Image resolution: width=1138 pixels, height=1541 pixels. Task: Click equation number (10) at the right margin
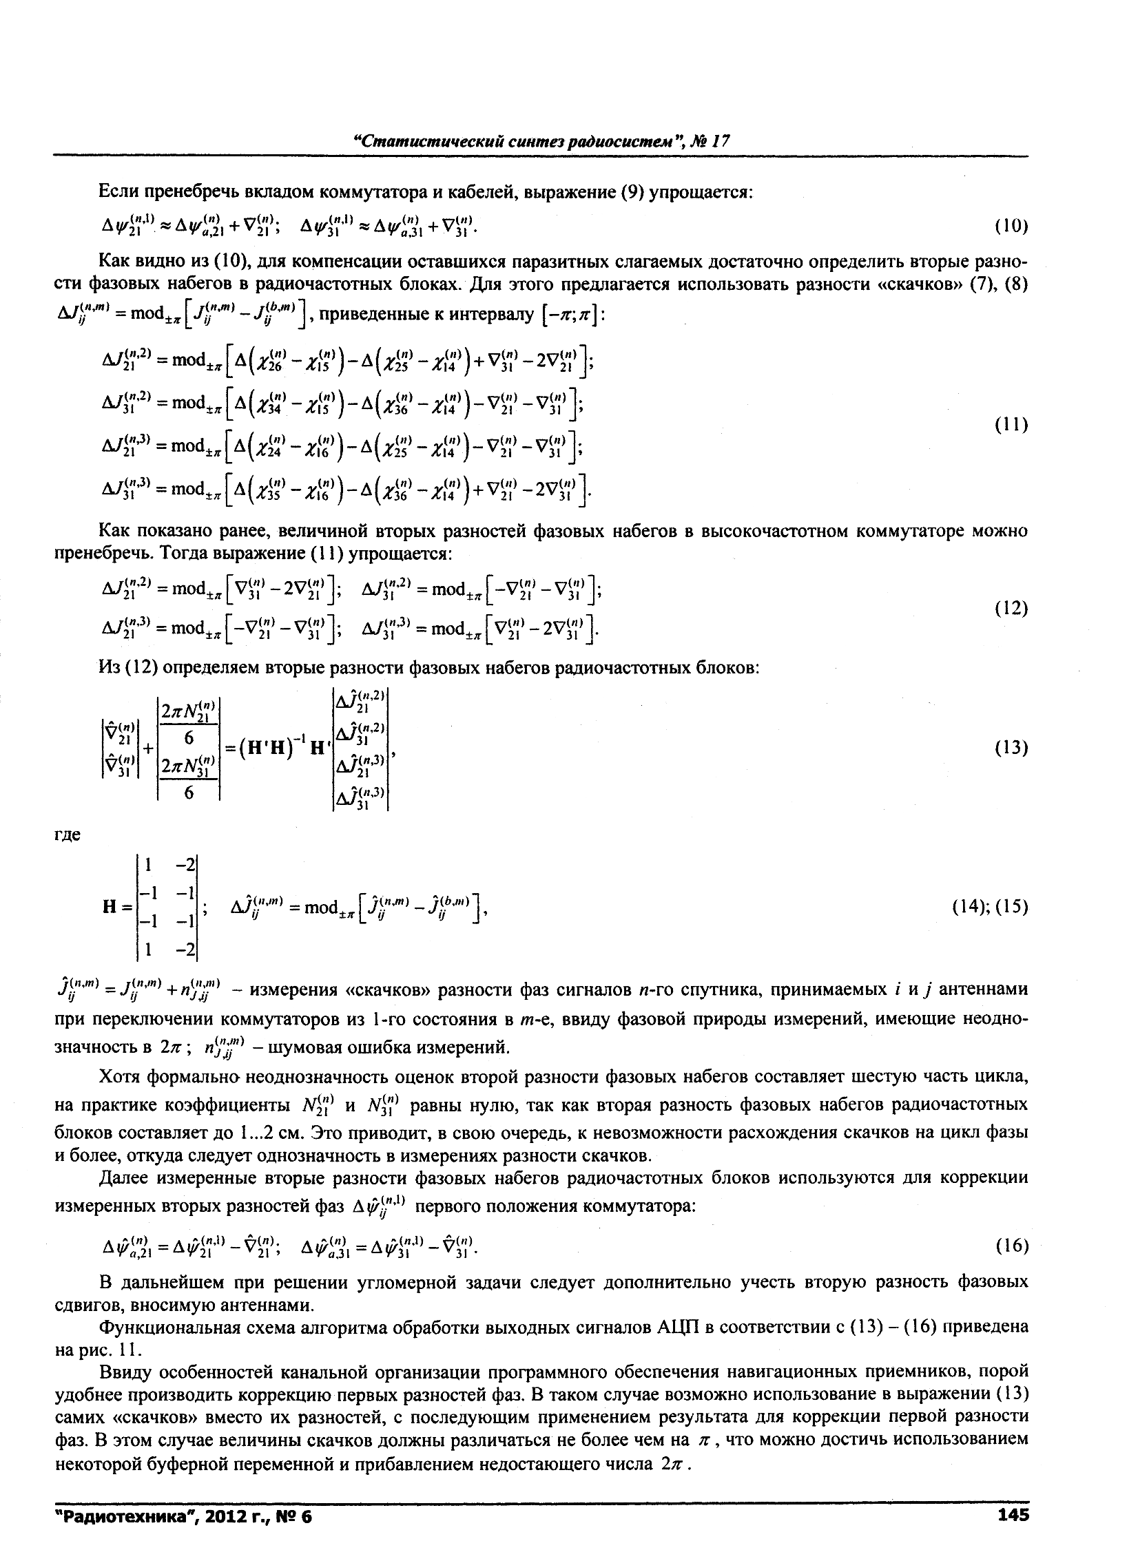coord(1011,227)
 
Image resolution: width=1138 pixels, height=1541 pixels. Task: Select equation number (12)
coord(1011,608)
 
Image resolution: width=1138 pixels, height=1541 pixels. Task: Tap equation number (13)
coord(1011,748)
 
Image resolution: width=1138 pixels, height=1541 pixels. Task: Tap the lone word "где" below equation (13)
coord(68,835)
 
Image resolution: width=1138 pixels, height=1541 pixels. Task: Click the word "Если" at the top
coord(118,191)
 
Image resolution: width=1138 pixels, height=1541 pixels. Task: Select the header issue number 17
coord(720,141)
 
